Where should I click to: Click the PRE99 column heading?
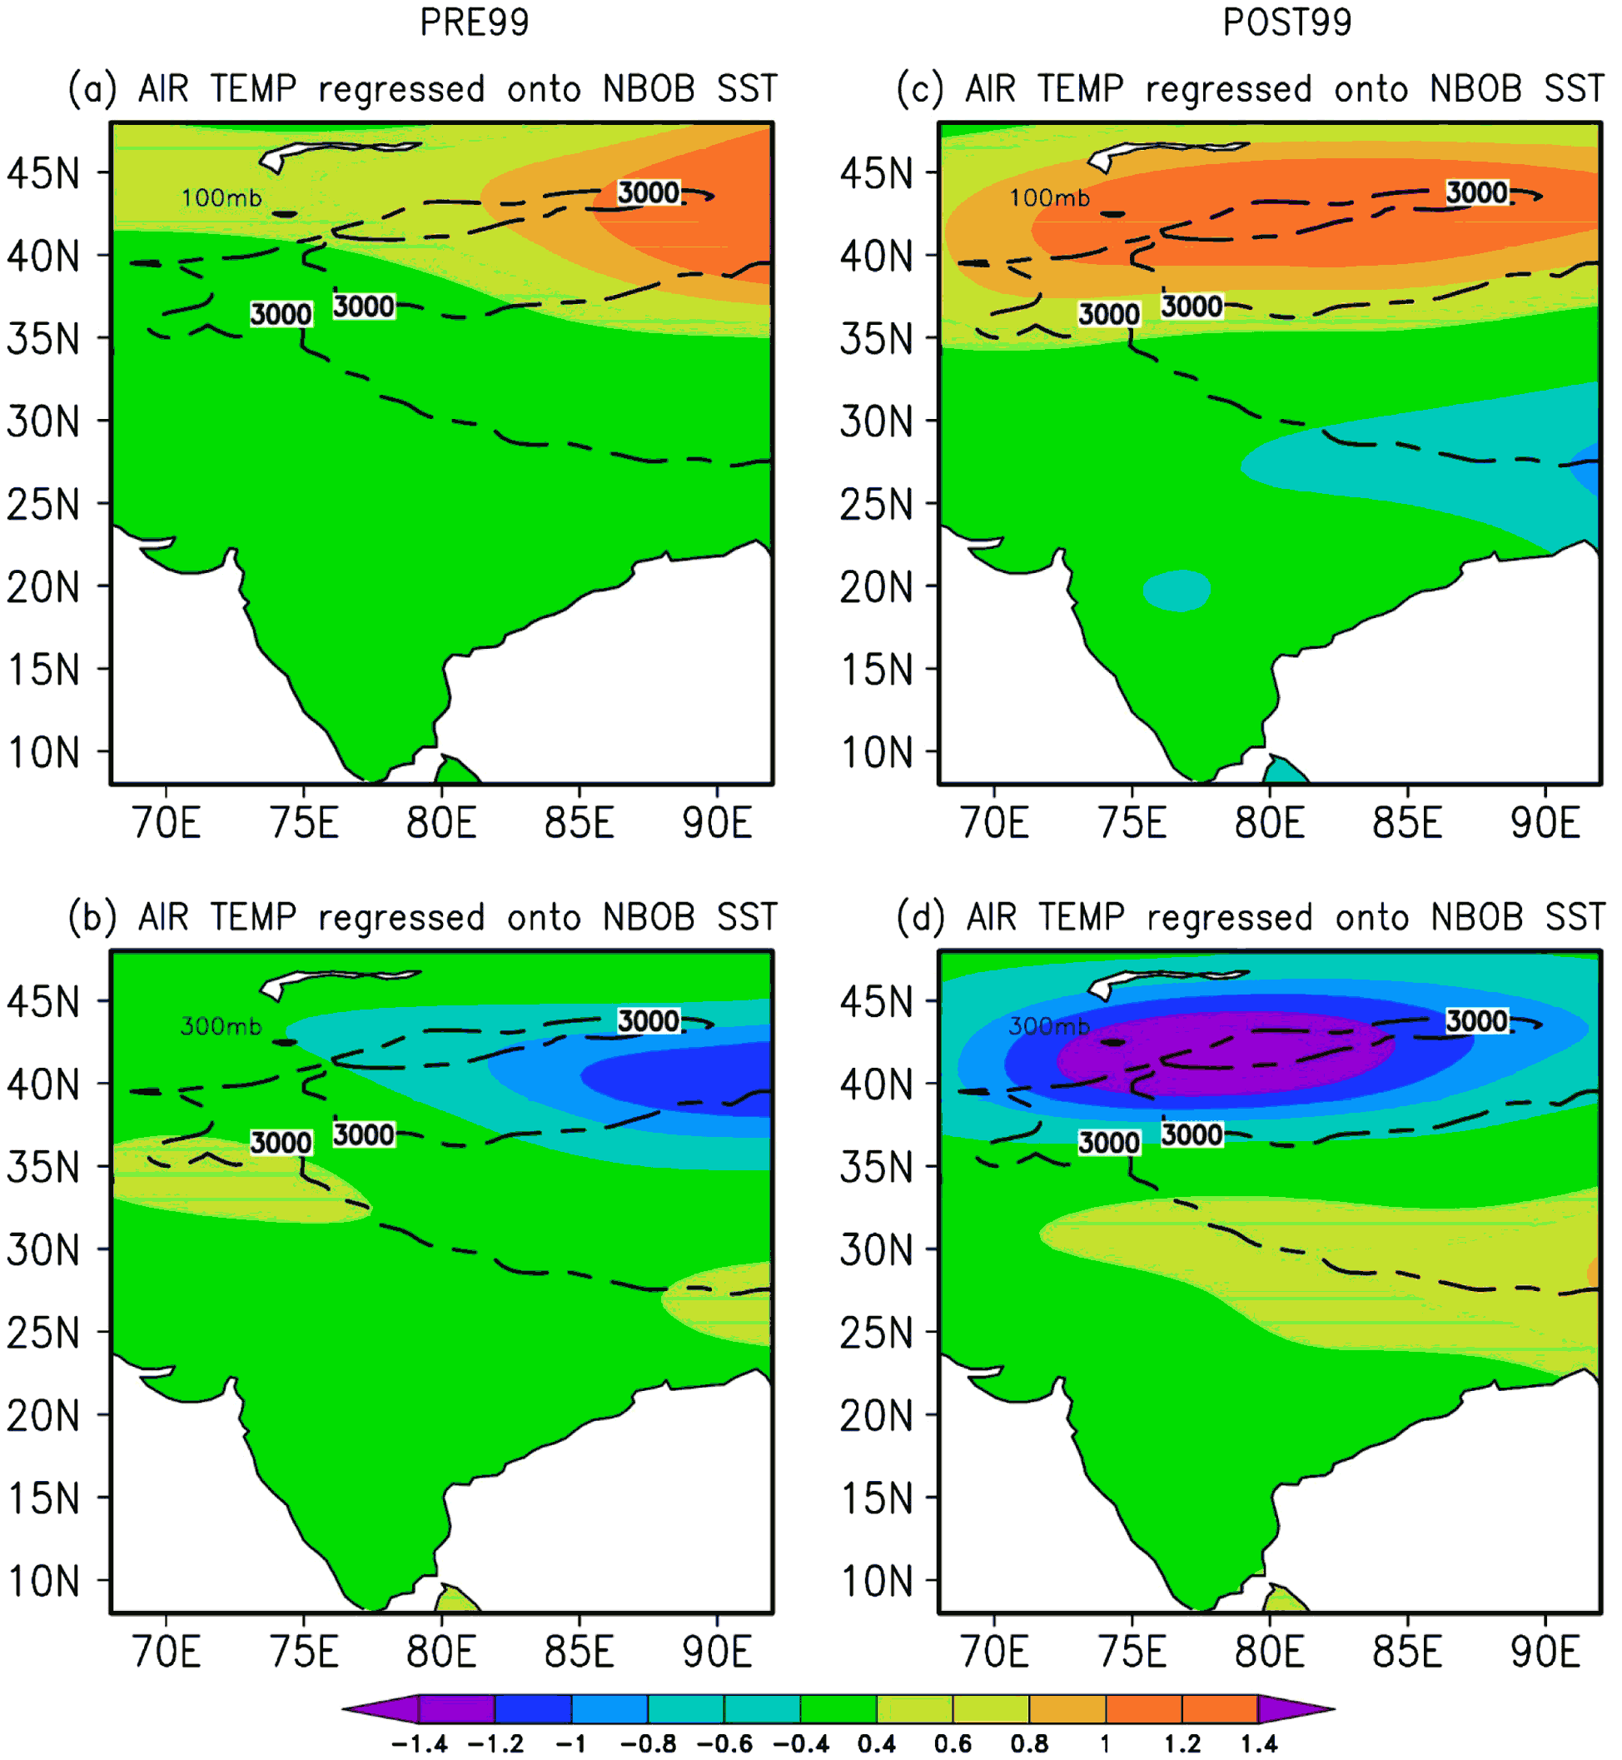(474, 22)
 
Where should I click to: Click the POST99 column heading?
(1286, 22)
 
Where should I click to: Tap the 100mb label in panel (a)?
(221, 197)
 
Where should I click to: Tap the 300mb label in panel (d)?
(1050, 1025)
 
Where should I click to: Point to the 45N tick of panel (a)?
(42, 173)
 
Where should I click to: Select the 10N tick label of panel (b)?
(43, 1581)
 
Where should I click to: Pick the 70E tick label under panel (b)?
(166, 1651)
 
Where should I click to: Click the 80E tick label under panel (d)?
(1269, 1651)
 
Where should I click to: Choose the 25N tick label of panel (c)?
(876, 505)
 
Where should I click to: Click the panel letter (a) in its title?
(92, 89)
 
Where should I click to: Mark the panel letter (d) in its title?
(921, 917)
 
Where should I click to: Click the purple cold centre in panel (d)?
(1226, 1052)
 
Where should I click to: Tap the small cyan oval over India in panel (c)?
(1177, 591)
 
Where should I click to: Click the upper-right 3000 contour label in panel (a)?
(649, 192)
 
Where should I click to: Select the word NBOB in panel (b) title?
(649, 917)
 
